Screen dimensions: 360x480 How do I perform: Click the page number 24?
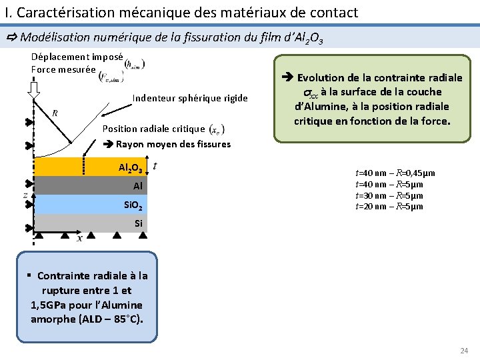pos(464,351)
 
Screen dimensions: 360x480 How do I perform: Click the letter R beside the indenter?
pos(55,113)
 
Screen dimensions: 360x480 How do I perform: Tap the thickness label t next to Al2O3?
pos(155,165)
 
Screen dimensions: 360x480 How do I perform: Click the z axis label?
pos(25,195)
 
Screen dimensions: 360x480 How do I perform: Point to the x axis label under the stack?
pos(79,238)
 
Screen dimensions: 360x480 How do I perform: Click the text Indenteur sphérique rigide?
pos(189,99)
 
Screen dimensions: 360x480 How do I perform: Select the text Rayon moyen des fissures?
pos(173,144)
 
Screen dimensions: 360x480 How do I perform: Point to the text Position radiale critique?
pos(153,129)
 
